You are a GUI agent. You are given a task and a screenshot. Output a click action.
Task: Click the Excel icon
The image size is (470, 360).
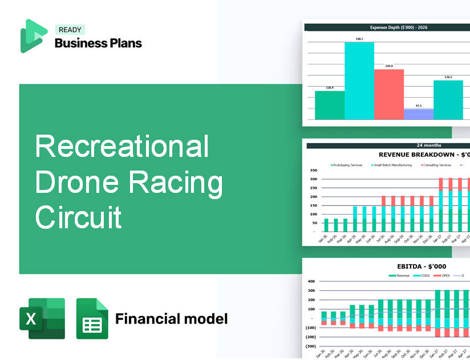[x=42, y=318]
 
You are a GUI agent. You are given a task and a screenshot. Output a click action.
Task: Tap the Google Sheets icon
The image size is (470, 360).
[x=92, y=318]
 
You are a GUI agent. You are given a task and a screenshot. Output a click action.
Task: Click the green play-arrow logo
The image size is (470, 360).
[x=33, y=36]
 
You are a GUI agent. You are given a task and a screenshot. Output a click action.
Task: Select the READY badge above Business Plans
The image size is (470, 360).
[x=70, y=30]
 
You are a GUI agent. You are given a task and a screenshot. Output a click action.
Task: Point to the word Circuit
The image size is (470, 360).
[x=79, y=217]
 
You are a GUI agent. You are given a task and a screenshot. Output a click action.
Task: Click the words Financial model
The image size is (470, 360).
[x=171, y=318]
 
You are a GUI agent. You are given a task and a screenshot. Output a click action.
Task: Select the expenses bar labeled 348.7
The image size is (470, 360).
[x=359, y=80]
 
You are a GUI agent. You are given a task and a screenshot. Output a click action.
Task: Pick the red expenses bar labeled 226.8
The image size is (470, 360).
[x=389, y=94]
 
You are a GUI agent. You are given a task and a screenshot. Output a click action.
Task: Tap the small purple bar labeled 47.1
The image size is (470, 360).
[x=419, y=114]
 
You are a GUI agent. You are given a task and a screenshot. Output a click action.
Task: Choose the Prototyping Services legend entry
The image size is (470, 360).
[x=348, y=165]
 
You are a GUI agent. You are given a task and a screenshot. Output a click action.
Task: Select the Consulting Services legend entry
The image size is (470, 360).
[x=436, y=165]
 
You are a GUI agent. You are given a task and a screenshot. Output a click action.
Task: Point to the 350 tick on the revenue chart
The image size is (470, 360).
[x=313, y=170]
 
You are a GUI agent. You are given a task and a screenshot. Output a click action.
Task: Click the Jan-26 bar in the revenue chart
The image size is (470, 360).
[x=326, y=225]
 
